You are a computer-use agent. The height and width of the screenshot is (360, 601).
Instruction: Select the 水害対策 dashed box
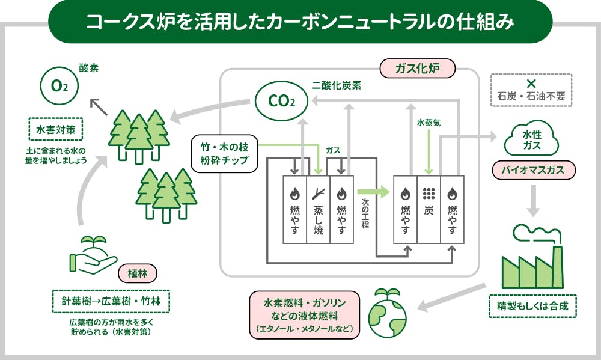pos(55,129)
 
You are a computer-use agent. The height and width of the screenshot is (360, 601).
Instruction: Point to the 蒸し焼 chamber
pos(319,209)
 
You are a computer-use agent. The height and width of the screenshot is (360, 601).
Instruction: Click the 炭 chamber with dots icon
pos(429,209)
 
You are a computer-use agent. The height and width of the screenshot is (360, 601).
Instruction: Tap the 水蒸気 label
pos(429,123)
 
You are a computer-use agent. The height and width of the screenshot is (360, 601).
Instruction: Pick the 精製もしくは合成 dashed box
pos(533,305)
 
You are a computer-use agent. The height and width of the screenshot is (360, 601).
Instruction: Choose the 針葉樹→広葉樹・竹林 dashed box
pos(111,301)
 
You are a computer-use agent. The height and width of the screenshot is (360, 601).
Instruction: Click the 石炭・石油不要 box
pos(531,90)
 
